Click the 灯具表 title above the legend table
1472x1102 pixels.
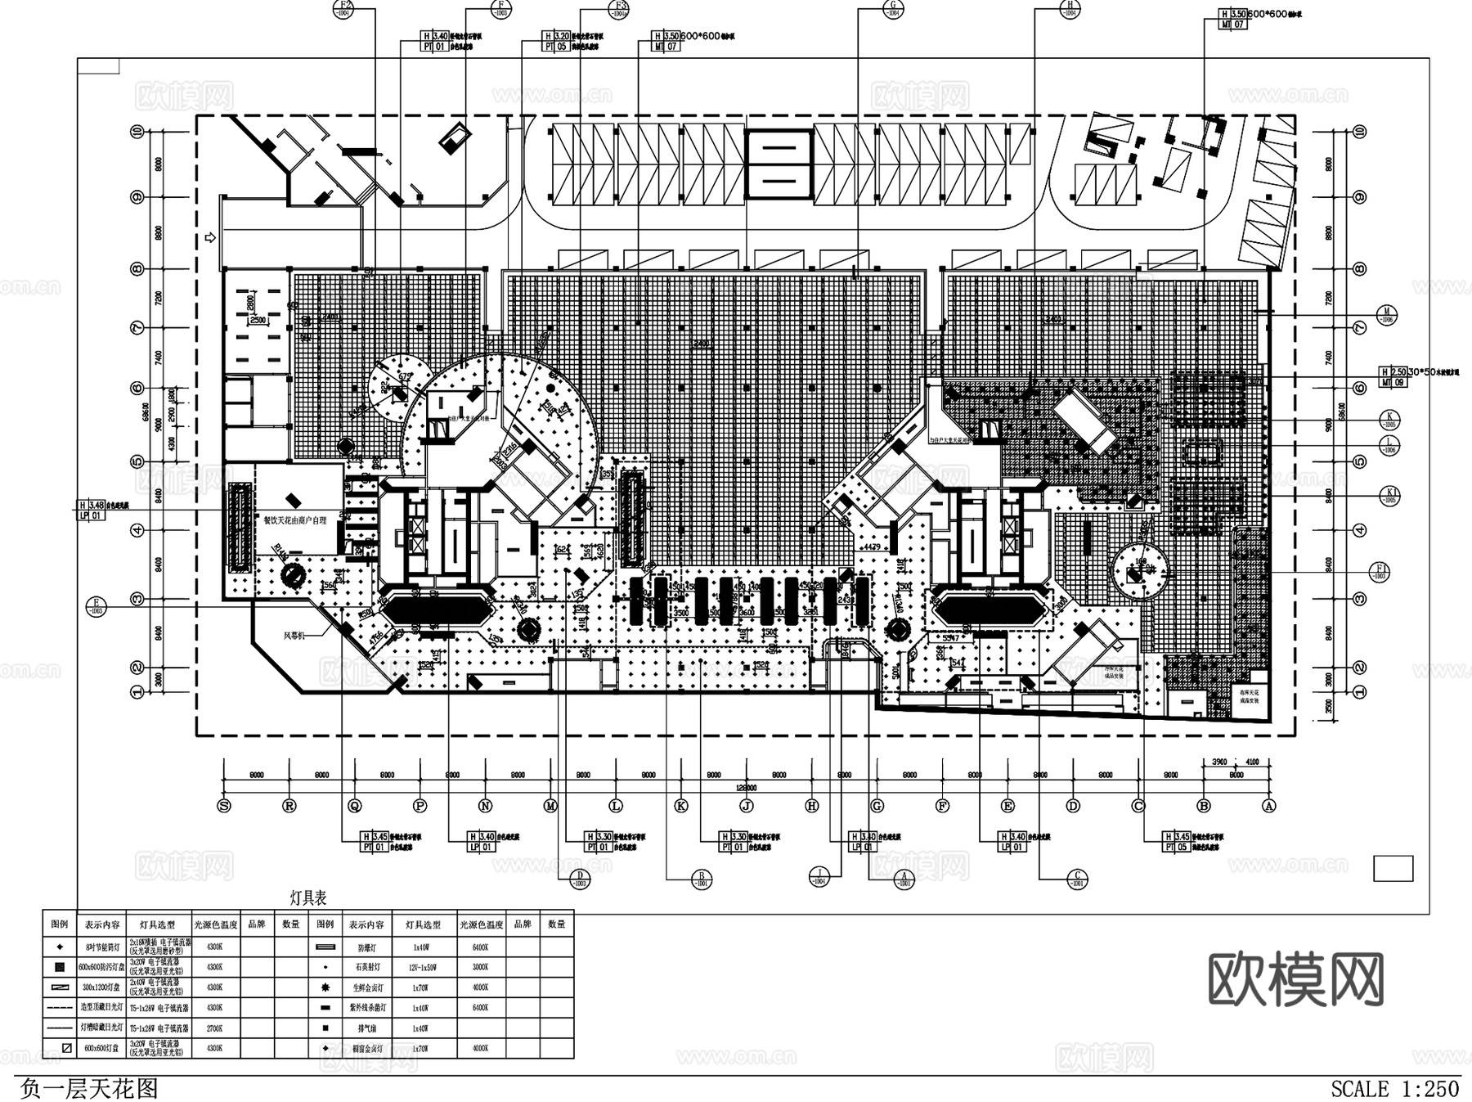308,898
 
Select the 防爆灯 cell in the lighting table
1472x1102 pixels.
367,947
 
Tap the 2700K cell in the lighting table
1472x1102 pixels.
216,1028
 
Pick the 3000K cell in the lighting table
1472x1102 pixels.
480,967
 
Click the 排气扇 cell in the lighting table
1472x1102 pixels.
367,1028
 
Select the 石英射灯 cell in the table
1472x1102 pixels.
367,967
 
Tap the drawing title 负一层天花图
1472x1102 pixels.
89,1089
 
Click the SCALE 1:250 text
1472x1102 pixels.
1395,1089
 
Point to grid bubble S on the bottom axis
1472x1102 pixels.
224,806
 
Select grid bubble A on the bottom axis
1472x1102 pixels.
1269,806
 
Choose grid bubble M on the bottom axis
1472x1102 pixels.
550,806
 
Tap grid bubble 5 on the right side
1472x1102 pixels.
1360,461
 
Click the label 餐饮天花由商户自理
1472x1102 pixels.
294,520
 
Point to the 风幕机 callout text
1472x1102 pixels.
294,635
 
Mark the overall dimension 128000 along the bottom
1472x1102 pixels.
746,788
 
